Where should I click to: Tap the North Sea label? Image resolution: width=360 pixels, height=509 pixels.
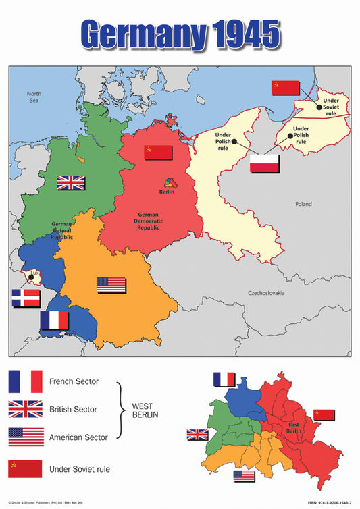34,97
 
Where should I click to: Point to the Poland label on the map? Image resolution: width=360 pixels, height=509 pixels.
304,203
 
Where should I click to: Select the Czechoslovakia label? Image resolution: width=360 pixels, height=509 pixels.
267,293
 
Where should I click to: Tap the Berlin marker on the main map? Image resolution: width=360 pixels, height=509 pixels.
168,184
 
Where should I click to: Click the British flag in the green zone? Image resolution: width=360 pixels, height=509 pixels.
71,182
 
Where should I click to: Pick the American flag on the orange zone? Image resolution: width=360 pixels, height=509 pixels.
111,285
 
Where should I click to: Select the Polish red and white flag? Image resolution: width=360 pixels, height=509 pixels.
264,163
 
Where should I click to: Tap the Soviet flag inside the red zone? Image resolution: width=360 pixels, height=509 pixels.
158,153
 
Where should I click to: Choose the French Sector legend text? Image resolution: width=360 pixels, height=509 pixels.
74,381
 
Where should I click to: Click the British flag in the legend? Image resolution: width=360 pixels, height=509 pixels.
25,409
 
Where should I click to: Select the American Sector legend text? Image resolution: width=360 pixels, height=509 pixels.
78,437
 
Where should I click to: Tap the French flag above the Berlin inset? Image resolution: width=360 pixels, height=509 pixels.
224,379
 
